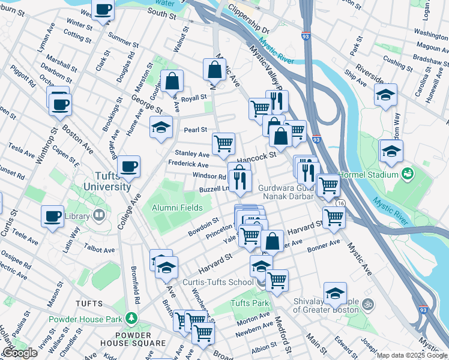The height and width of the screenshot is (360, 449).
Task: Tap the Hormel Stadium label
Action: pyautogui.click(x=376, y=175)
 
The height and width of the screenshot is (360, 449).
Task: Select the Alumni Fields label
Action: pyautogui.click(x=177, y=208)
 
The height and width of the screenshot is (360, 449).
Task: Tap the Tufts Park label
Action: pyautogui.click(x=250, y=303)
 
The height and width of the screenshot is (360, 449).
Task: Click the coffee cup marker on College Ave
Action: pyautogui.click(x=128, y=166)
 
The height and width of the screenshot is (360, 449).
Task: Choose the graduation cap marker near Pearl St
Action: pyautogui.click(x=161, y=127)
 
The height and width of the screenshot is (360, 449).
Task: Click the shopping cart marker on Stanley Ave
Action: pyautogui.click(x=223, y=143)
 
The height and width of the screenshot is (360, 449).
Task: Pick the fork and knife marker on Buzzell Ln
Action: pyautogui.click(x=240, y=181)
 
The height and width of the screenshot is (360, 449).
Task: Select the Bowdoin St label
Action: pyautogui.click(x=203, y=227)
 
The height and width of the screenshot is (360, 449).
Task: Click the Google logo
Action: pyautogui.click(x=20, y=353)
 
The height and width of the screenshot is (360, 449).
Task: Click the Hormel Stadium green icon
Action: pyautogui.click(x=408, y=174)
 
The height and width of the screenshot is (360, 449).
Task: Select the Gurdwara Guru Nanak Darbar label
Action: pyautogui.click(x=286, y=191)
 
